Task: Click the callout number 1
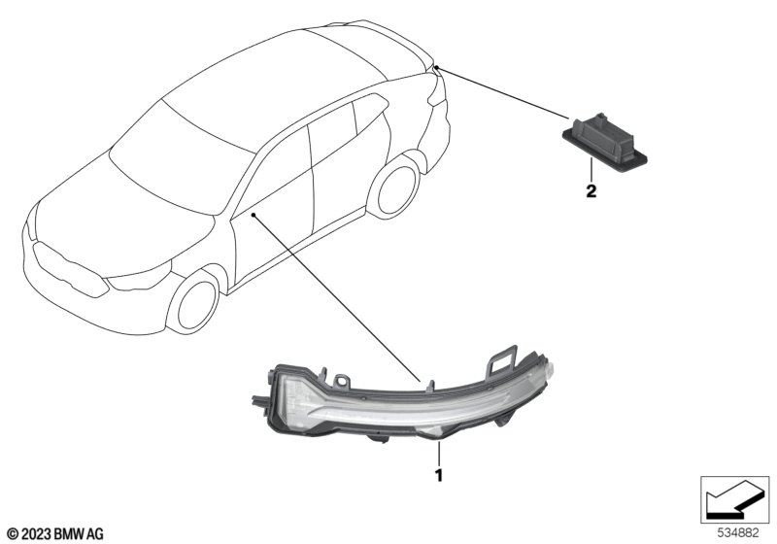439,476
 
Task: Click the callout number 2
591,191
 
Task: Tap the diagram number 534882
738,533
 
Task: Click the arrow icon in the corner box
735,499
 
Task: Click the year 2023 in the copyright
36,534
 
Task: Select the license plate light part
604,142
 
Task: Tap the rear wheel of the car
395,187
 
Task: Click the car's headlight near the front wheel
140,277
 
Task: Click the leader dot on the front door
253,215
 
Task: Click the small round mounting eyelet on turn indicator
341,381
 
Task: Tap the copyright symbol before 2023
13,534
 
